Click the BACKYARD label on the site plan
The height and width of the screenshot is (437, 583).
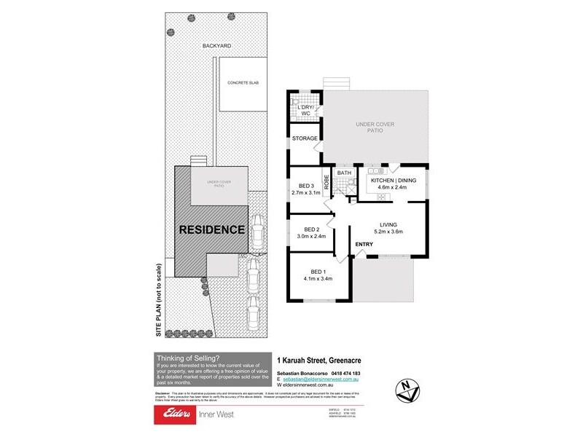click(x=217, y=46)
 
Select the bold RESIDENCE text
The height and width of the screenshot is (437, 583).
click(x=212, y=229)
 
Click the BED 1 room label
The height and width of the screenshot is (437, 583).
click(x=318, y=272)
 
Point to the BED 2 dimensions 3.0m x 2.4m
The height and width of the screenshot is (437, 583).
click(x=313, y=236)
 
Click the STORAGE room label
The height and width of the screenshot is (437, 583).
click(x=305, y=138)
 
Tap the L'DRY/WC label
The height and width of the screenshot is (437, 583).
click(x=305, y=111)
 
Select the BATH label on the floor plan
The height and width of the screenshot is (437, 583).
click(x=344, y=173)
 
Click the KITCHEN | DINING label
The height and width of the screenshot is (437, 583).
click(x=393, y=180)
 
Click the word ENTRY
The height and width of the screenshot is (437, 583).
click(x=364, y=244)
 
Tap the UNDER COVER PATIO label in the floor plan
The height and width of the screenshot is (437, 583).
click(x=375, y=128)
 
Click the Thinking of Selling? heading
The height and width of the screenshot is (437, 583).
click(x=182, y=358)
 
